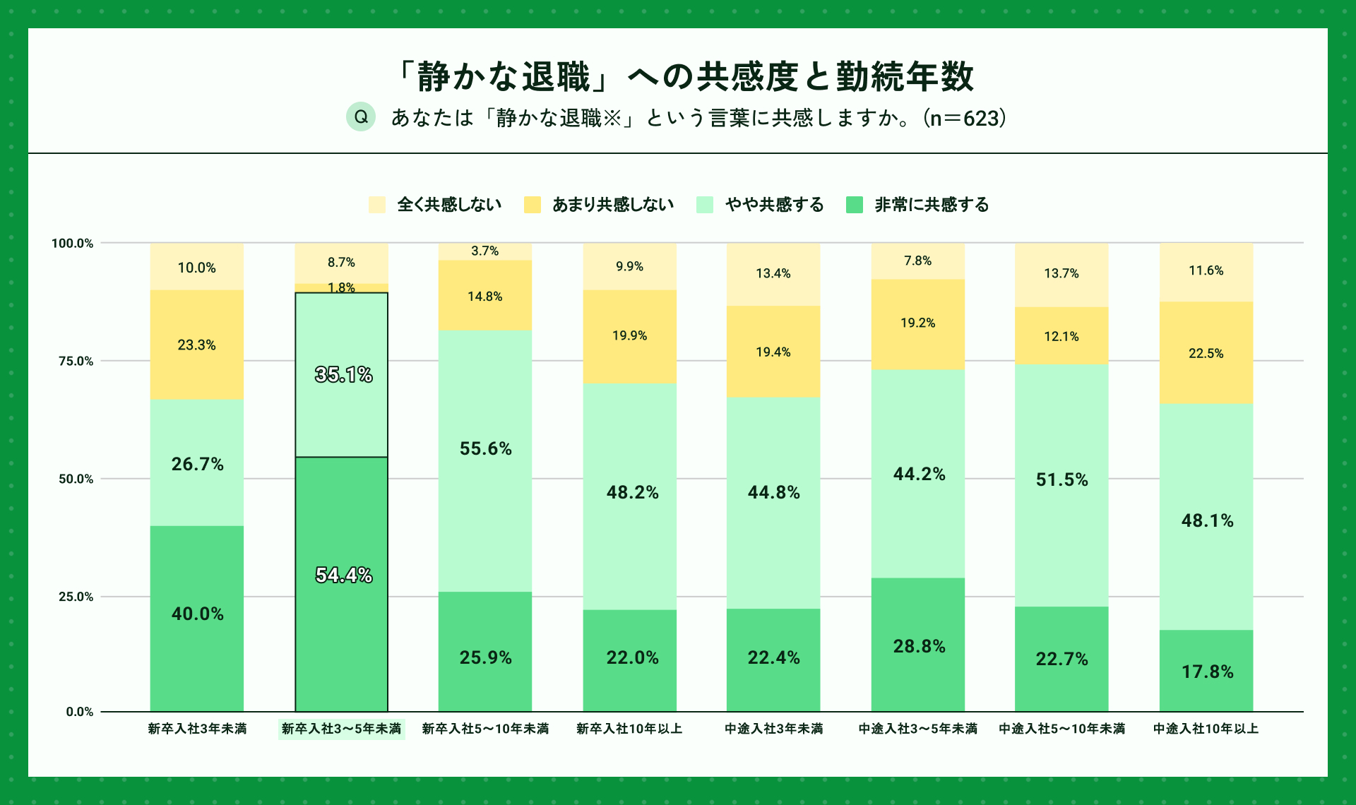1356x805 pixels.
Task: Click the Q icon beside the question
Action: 360,117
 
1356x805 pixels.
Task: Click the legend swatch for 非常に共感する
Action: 855,205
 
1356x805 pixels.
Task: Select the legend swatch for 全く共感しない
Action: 377,205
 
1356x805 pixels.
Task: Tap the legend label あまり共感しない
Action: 612,205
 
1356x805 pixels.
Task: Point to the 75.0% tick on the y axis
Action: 76,361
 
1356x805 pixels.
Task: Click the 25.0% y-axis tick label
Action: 76,597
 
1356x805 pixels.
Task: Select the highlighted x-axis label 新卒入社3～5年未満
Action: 341,729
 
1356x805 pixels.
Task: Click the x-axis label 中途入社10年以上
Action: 1206,729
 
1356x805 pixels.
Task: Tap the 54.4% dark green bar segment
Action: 341,583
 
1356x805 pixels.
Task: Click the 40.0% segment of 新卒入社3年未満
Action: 197,618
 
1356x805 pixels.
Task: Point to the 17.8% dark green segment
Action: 1206,670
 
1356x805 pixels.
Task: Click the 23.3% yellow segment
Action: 197,345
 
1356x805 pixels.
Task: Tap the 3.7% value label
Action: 485,251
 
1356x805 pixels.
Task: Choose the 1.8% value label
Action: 341,287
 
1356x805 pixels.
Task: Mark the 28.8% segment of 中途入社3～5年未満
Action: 918,645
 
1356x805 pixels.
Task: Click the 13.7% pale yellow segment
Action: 1061,275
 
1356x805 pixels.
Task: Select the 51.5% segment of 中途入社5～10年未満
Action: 1061,484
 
